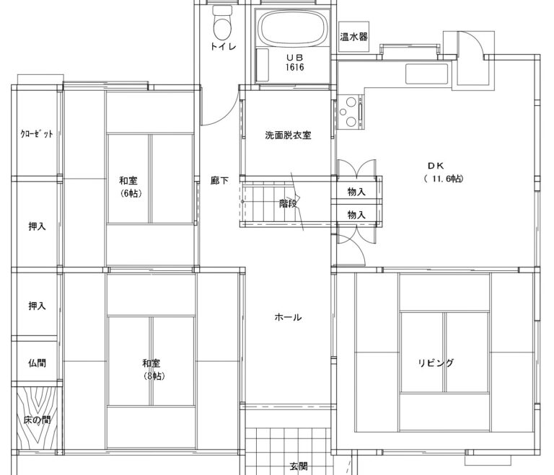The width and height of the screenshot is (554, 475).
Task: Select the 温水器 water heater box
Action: [353, 37]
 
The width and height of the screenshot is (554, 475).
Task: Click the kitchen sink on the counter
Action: [427, 74]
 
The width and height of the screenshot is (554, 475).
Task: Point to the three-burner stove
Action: [350, 112]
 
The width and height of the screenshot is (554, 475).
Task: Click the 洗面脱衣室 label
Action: [288, 135]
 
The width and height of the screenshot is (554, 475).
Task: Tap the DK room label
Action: [436, 166]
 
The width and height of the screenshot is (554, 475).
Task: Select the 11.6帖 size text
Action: [444, 179]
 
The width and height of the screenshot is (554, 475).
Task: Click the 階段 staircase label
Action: [288, 203]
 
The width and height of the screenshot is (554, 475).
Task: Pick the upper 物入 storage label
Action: [356, 192]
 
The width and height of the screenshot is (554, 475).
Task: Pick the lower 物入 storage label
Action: [356, 214]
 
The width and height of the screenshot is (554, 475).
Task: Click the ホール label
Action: [288, 317]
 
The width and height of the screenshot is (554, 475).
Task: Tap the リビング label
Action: [436, 363]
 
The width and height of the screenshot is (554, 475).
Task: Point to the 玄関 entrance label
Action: [299, 466]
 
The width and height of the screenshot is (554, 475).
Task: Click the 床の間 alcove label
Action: [37, 420]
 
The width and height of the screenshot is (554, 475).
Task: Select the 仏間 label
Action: [37, 363]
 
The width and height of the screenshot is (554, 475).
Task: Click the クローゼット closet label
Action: [37, 134]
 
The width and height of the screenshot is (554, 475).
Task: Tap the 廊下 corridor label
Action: [219, 180]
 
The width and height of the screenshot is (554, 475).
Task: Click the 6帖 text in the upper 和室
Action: [131, 193]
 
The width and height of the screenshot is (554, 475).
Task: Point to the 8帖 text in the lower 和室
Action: [154, 376]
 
